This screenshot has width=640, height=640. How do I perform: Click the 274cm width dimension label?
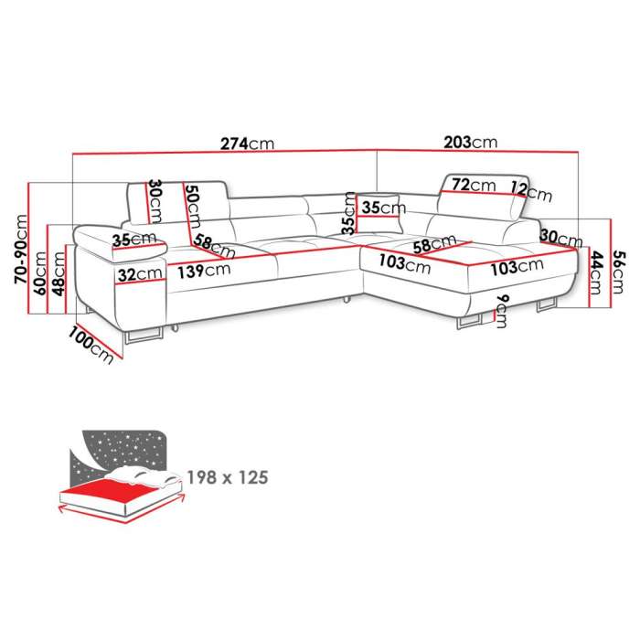[248, 144]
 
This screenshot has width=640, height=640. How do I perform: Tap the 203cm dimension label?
[471, 143]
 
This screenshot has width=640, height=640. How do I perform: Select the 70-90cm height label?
[21, 249]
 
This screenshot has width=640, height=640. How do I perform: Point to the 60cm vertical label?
[41, 273]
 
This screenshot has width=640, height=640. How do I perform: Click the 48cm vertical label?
[59, 274]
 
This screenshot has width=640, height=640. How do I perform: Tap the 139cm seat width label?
[204, 271]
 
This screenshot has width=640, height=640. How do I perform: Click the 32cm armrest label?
[140, 274]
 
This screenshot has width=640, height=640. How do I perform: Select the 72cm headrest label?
[474, 185]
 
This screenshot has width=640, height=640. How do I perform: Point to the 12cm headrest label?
[531, 191]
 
